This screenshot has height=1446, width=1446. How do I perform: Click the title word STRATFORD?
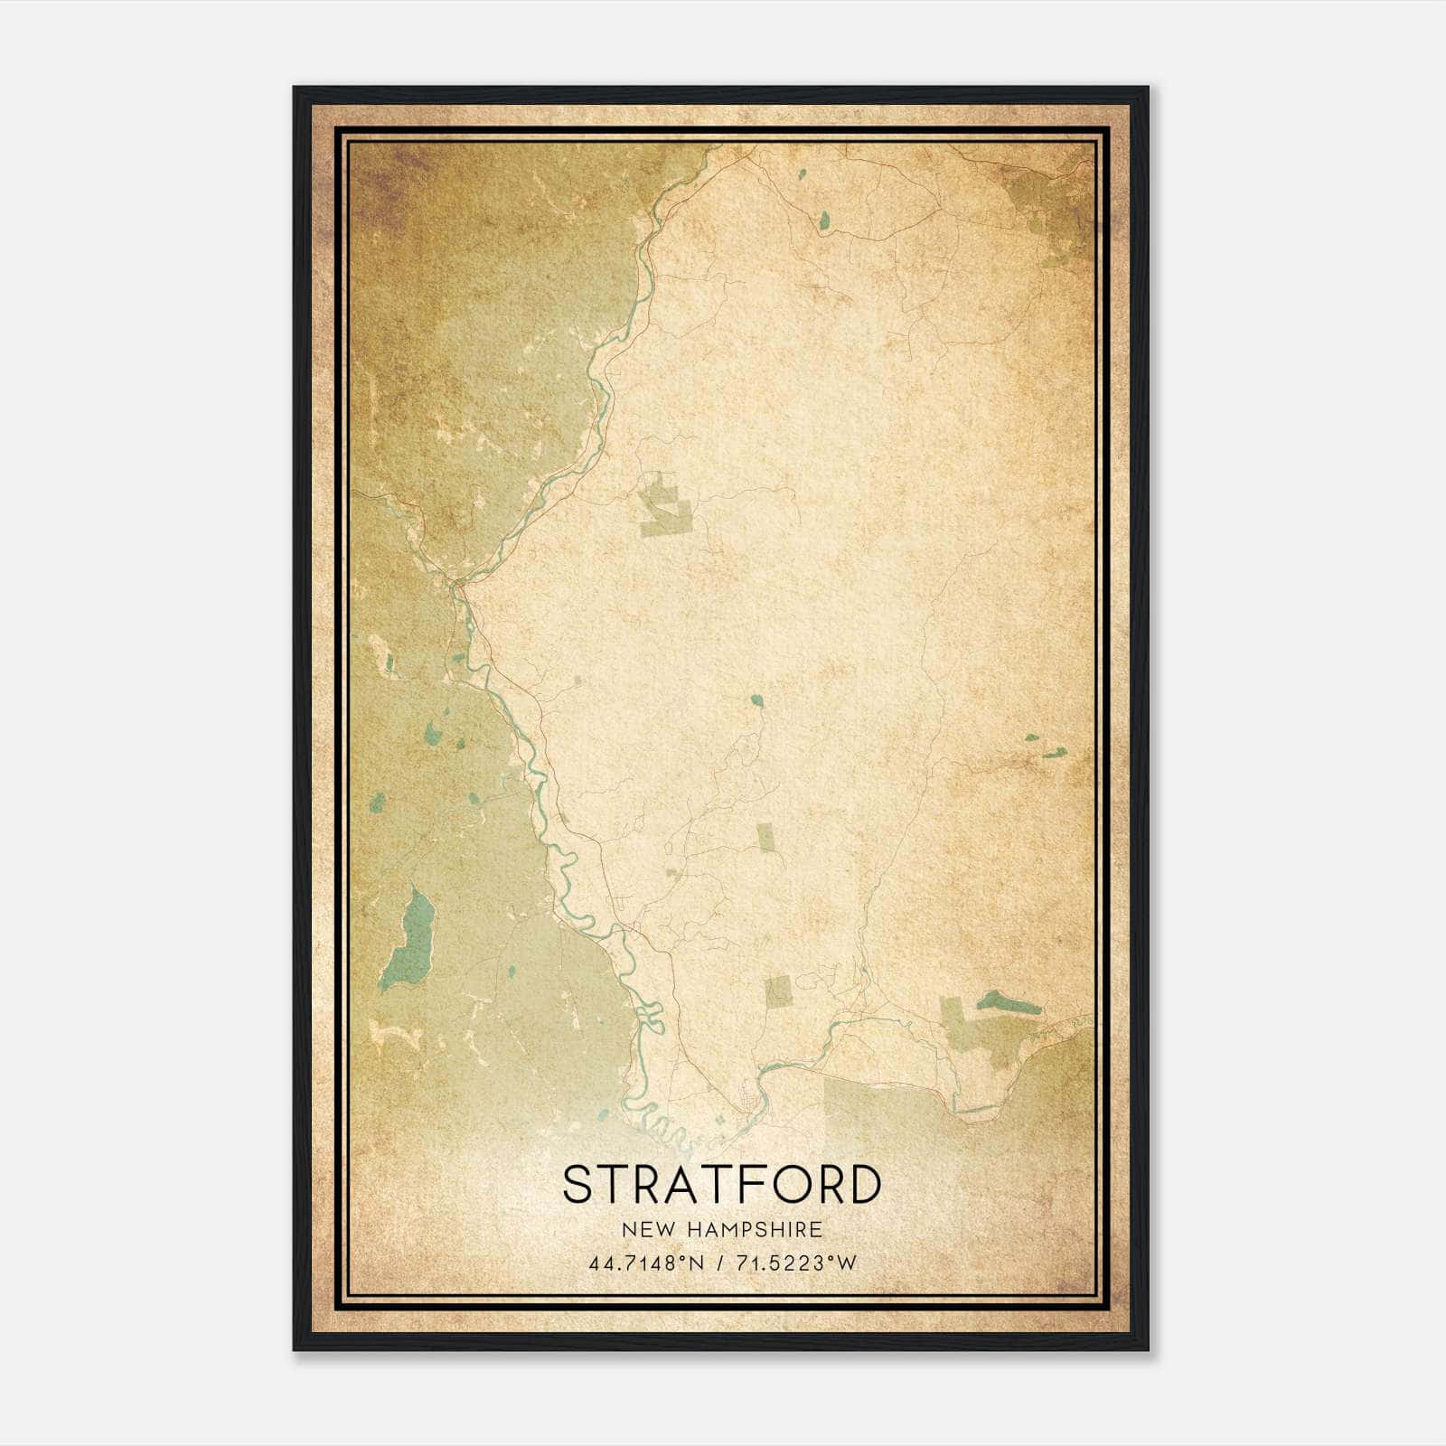721,1185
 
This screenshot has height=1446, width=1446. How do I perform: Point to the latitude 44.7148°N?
646,1263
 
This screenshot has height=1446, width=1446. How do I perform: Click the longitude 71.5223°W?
793,1263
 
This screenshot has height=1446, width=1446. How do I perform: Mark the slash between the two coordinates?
721,1263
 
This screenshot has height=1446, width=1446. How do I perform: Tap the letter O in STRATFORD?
784,1185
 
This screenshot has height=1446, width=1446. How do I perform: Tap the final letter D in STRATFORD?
864,1185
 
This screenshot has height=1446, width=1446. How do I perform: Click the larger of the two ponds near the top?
824,219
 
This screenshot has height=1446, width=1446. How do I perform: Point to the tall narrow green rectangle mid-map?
765,838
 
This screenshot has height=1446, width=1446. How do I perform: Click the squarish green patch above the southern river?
778,991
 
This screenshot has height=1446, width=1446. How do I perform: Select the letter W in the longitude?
845,1263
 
